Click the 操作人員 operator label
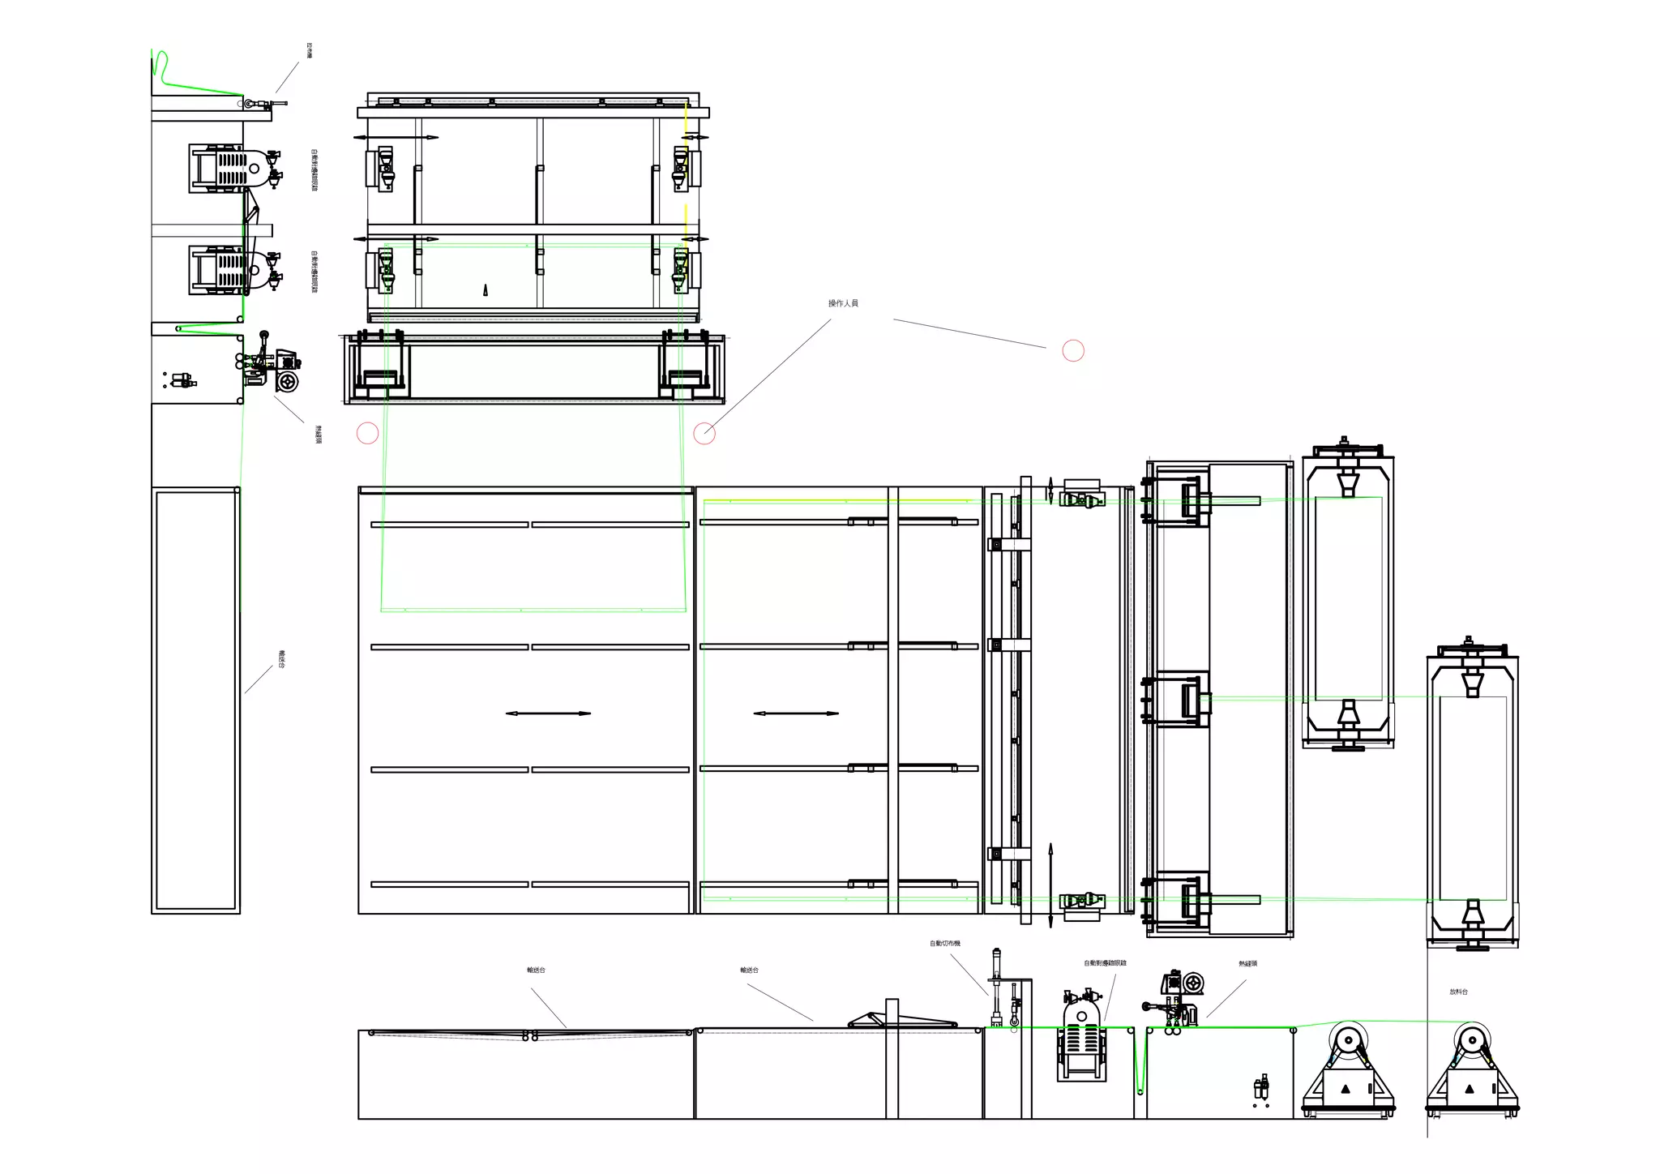(843, 303)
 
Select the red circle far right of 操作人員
(1073, 350)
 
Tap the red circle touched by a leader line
(704, 434)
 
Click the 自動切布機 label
(944, 944)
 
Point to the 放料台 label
(1458, 992)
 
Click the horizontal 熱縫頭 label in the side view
(1247, 964)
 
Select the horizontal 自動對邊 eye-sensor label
(1105, 963)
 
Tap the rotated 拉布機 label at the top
(309, 50)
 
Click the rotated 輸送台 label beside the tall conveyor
(281, 658)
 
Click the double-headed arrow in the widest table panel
(548, 713)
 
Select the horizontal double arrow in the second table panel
(796, 713)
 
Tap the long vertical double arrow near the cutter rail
(1050, 885)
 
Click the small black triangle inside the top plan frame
(486, 289)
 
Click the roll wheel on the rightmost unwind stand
(1471, 1039)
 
